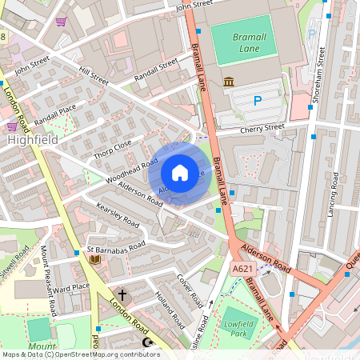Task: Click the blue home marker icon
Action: click(180, 172)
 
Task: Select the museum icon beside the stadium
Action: click(229, 82)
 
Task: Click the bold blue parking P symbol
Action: click(257, 101)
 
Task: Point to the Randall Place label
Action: click(56, 112)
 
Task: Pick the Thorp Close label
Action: click(111, 148)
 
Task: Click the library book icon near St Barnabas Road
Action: click(95, 259)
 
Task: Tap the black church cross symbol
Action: click(122, 294)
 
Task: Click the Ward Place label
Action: click(70, 286)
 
